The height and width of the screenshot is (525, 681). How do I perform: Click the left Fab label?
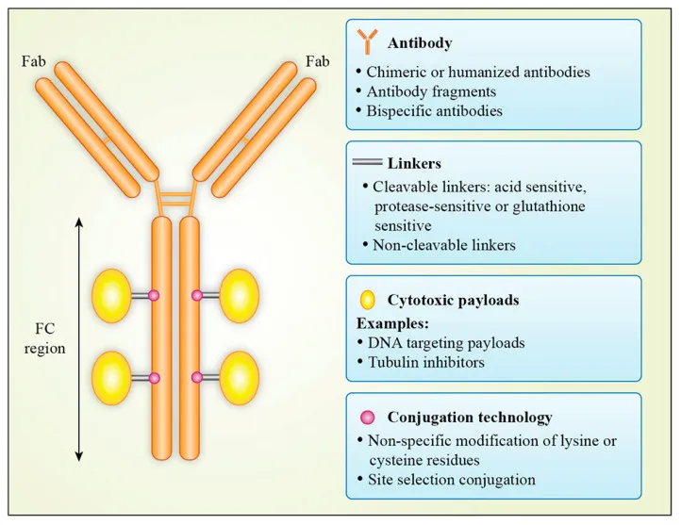(x=33, y=61)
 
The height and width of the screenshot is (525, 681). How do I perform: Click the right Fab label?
(x=318, y=61)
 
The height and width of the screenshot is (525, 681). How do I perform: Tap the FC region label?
(x=44, y=338)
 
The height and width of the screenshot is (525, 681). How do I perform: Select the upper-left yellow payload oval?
(x=111, y=296)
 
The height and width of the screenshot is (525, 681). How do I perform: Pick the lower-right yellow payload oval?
(x=240, y=378)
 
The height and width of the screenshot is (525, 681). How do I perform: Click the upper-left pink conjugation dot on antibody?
(x=154, y=295)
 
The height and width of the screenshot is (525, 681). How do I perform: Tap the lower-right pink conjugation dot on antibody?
(x=197, y=378)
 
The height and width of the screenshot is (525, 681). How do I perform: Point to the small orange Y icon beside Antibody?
(x=368, y=41)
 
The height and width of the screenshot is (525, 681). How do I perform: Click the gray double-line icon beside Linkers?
(x=367, y=162)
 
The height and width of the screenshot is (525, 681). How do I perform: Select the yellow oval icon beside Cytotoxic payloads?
(x=368, y=300)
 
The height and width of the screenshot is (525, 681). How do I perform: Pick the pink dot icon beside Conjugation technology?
(x=368, y=418)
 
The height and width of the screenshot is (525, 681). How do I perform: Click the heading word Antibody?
(x=420, y=43)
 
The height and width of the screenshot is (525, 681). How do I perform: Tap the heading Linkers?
(x=414, y=164)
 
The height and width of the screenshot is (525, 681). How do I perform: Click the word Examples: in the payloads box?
(x=392, y=323)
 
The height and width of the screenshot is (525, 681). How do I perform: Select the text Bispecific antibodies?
(x=434, y=110)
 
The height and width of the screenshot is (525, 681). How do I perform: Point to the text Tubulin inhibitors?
(x=426, y=362)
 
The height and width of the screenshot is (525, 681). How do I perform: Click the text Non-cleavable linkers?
(x=444, y=245)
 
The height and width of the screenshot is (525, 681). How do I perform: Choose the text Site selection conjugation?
(x=452, y=480)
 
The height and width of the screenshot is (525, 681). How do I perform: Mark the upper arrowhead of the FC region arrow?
(x=78, y=222)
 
